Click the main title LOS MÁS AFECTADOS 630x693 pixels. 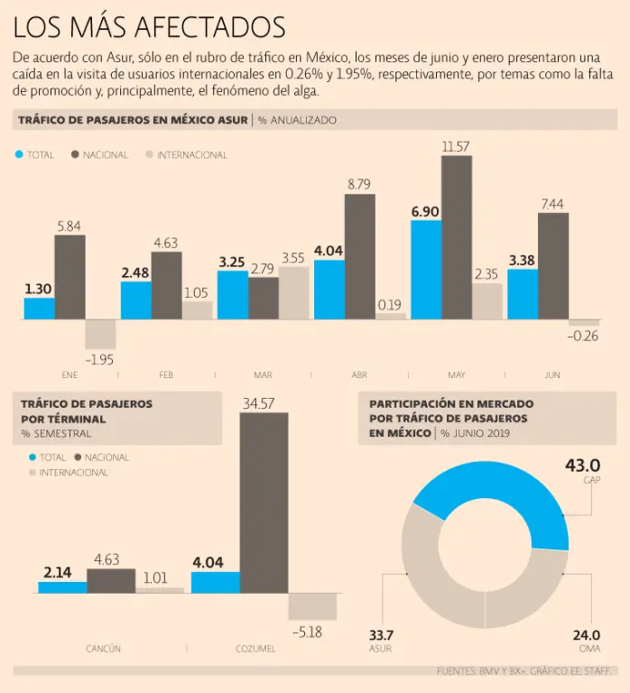coord(150,26)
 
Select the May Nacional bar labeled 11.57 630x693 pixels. coord(457,237)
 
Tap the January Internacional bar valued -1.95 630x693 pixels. coord(100,335)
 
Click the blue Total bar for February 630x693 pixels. coord(136,300)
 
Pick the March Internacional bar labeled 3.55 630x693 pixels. coord(293,292)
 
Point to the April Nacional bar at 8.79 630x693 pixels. coord(360,256)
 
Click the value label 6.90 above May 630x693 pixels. coord(425,210)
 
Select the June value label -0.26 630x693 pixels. coord(583,337)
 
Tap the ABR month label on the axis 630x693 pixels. coord(358,374)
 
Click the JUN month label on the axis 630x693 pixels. coord(552,374)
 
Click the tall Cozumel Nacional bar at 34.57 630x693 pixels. coord(264,502)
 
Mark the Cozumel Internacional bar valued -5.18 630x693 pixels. coord(312,605)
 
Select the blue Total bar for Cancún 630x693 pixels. coord(62,587)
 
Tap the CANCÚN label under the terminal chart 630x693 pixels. coord(103,649)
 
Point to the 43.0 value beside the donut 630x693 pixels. coord(582,466)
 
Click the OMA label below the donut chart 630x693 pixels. coord(589,649)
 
